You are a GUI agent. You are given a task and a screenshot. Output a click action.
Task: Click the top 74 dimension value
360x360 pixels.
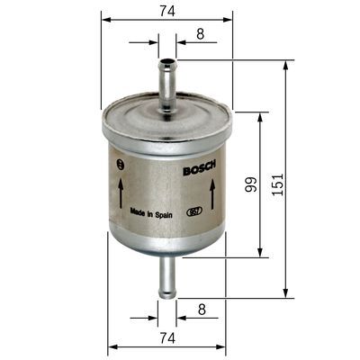click(167, 12)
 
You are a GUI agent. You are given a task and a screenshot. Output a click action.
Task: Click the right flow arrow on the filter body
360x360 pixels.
click(211, 190)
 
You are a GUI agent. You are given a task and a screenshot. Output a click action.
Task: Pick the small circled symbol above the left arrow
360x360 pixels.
click(120, 163)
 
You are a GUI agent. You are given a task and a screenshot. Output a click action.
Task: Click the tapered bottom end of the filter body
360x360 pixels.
click(167, 251)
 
